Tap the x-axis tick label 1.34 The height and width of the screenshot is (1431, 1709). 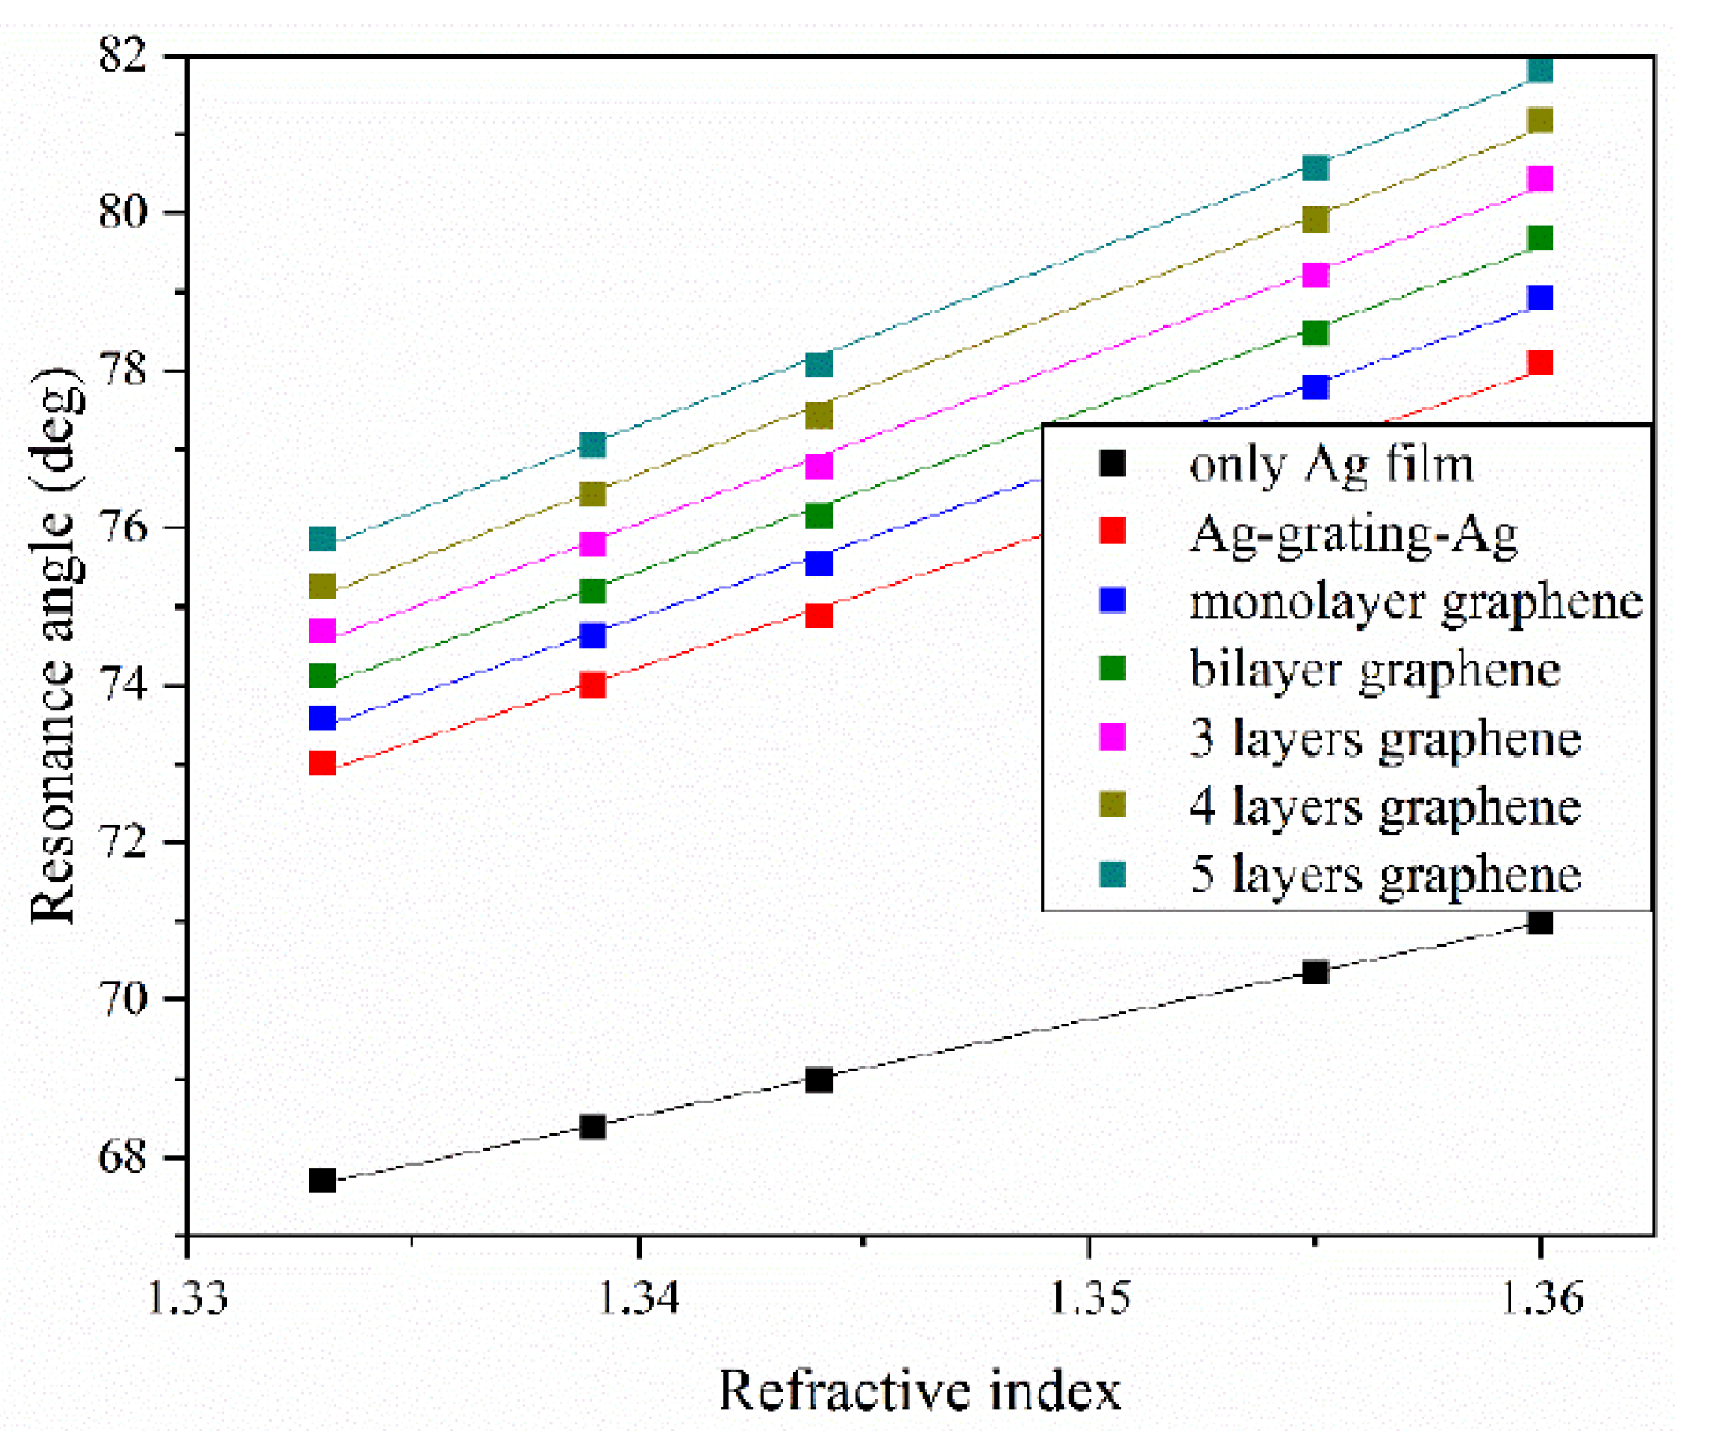[x=638, y=1296]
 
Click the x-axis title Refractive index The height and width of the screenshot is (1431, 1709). [x=919, y=1389]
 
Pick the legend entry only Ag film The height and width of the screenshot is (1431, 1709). [x=1331, y=465]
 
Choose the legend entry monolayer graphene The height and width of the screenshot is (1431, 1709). [x=1416, y=602]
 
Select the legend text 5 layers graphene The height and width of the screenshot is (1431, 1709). [x=1385, y=875]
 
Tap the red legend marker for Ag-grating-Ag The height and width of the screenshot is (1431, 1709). [x=1112, y=531]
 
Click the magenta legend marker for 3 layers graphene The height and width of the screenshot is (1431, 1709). [x=1112, y=737]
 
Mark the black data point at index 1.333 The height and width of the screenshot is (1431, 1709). [x=323, y=1181]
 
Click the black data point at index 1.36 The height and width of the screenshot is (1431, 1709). [x=1540, y=922]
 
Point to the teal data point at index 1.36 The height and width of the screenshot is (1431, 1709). [x=1540, y=71]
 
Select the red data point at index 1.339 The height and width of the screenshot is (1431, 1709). [x=594, y=685]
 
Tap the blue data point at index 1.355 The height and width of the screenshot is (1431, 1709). [x=1316, y=387]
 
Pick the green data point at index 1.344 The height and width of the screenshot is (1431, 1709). [x=819, y=516]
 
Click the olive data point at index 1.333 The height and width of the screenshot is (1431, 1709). [x=323, y=587]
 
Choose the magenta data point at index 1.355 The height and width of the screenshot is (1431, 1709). [x=1316, y=275]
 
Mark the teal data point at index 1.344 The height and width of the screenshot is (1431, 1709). [x=819, y=364]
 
